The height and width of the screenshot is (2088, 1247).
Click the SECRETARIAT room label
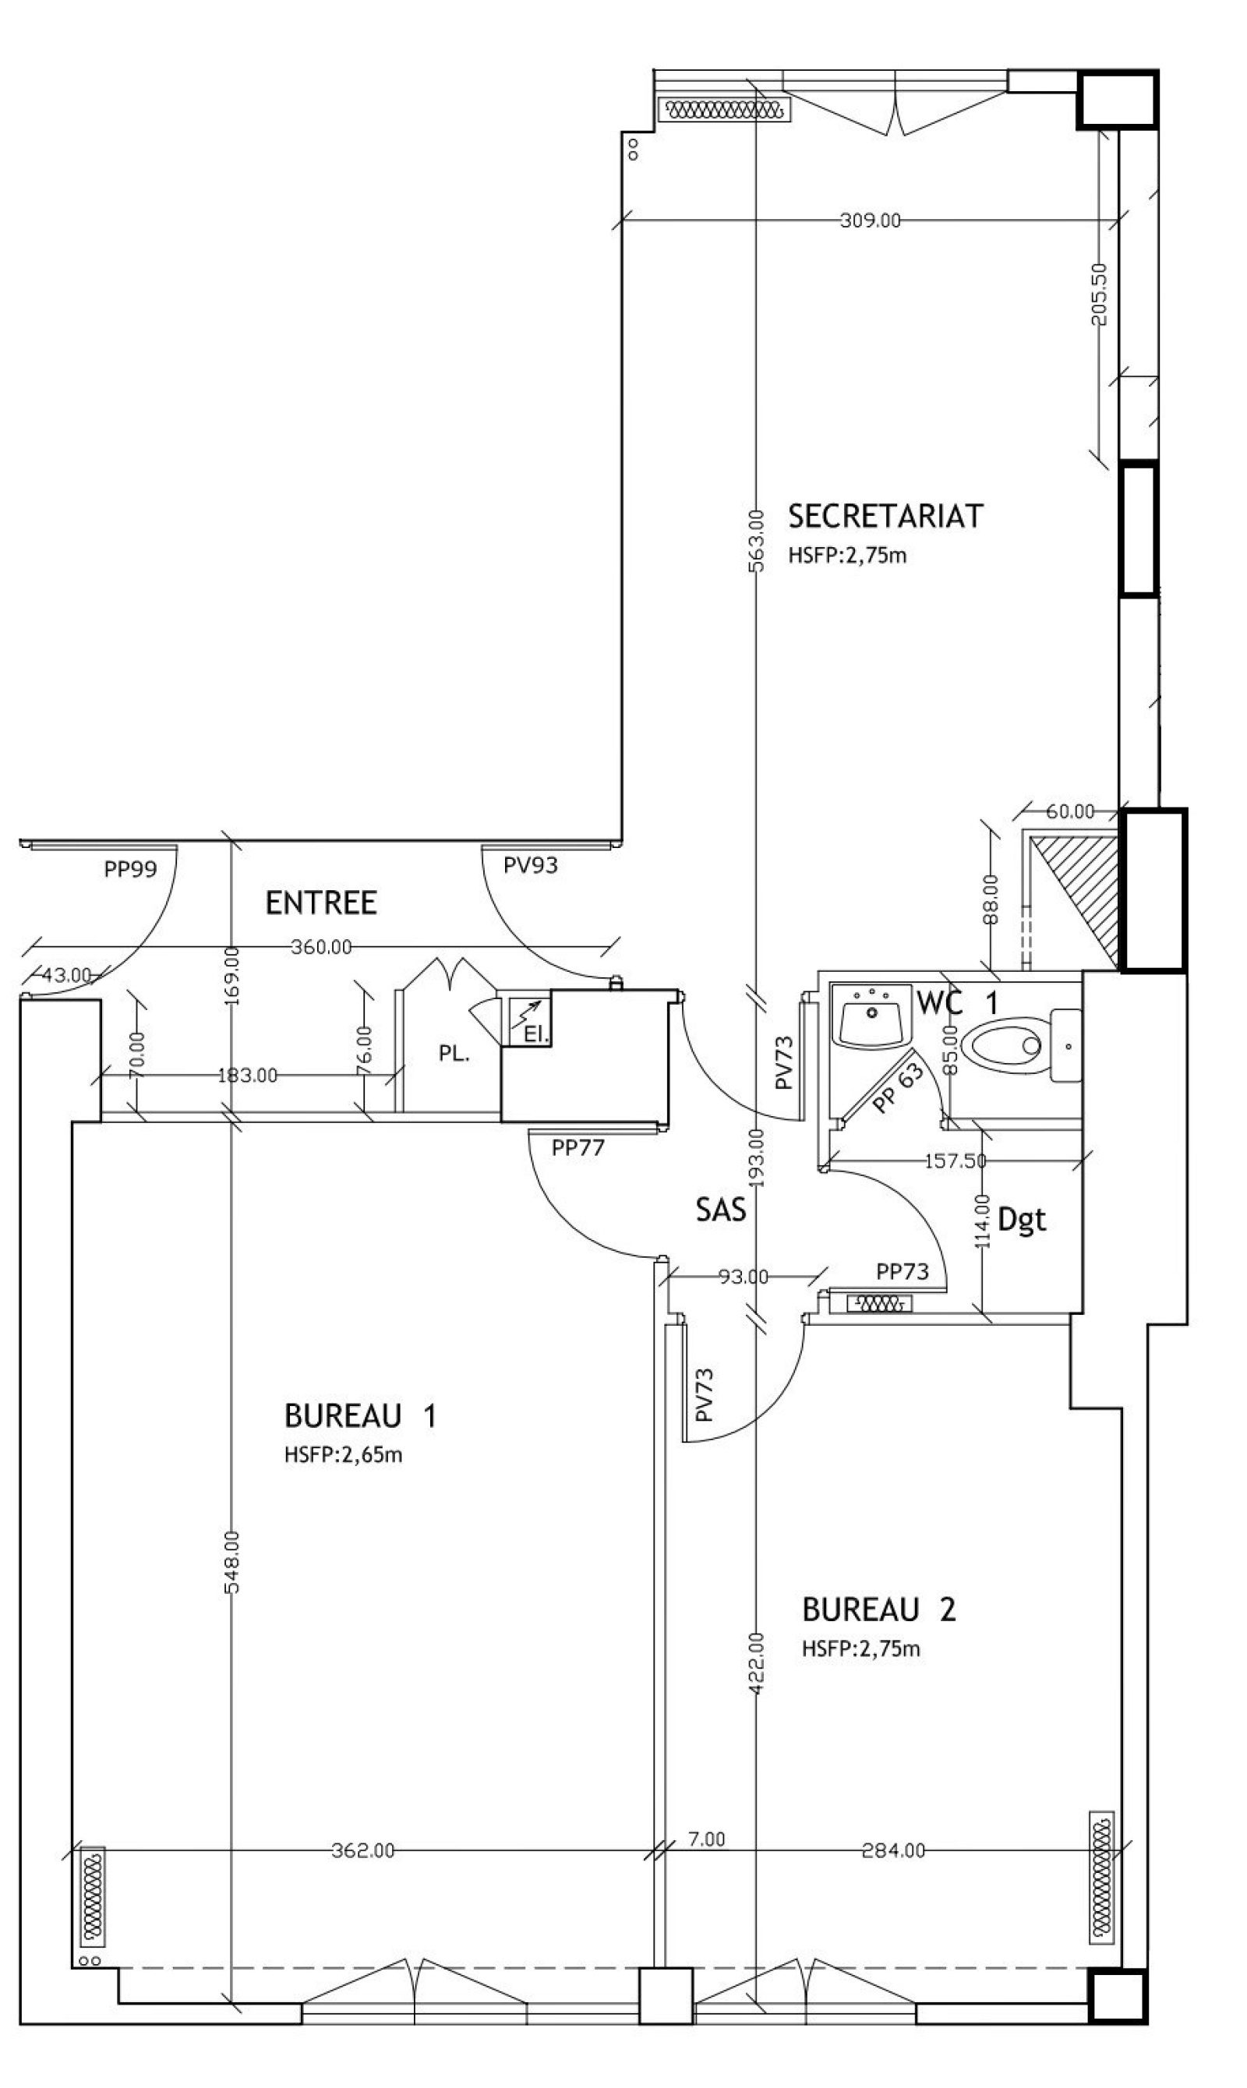point(885,516)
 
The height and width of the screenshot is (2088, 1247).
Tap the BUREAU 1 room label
point(359,1416)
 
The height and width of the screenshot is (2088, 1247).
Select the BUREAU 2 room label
point(879,1610)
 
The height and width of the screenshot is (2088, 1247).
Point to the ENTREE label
point(321,903)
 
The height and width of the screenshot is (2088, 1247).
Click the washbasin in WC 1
point(872,1015)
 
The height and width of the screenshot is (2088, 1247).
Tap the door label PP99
point(130,869)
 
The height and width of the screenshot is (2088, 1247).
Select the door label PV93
point(530,864)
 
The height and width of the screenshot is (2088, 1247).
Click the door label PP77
point(578,1147)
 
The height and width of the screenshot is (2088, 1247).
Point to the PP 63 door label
point(896,1089)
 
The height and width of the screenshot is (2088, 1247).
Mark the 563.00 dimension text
point(755,539)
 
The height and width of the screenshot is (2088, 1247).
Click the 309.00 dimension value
point(870,220)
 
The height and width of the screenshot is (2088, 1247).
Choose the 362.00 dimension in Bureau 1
point(363,1850)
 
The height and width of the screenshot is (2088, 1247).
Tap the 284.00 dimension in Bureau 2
point(893,1850)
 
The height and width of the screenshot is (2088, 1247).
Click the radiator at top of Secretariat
point(724,109)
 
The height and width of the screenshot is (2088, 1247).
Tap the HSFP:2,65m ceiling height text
point(343,1454)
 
